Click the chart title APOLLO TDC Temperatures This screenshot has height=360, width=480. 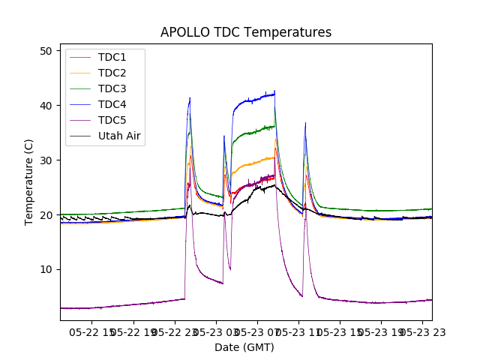point(246,32)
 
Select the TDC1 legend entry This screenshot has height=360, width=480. point(112,57)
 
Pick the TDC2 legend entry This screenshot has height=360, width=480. point(112,73)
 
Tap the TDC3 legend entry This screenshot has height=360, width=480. point(112,88)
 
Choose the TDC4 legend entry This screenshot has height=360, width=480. point(112,104)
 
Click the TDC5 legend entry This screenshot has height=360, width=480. point(112,120)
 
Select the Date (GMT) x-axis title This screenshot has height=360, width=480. point(244,347)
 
